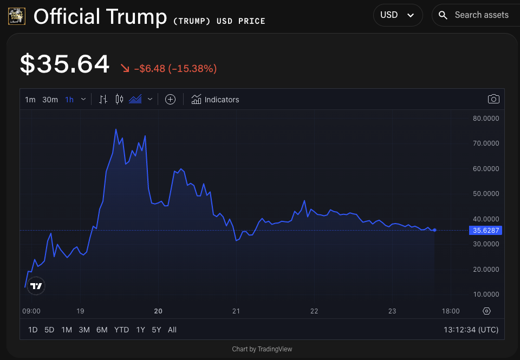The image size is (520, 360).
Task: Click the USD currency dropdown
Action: point(398,15)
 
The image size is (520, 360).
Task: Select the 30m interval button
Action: point(50,100)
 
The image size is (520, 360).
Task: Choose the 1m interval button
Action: point(30,100)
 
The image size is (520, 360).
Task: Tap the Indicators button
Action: point(215,100)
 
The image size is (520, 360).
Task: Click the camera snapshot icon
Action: point(493,99)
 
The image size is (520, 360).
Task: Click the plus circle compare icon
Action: point(170,100)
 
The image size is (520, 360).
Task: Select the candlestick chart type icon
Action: point(120,100)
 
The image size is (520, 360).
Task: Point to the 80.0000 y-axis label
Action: point(486,118)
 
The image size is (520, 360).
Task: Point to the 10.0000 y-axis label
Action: point(486,294)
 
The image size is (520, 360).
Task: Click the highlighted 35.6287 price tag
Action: point(486,230)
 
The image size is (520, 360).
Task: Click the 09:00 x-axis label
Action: point(31,311)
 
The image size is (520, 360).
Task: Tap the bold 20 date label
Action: point(158,311)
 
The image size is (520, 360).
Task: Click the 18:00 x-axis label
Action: point(451,311)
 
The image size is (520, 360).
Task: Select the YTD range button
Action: point(121,330)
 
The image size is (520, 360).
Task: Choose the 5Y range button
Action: point(157,330)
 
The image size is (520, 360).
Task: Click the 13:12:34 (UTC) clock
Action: point(471,330)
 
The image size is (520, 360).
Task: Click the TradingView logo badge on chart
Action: point(36,286)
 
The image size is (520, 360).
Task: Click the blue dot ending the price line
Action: point(434,230)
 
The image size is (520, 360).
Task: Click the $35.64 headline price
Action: point(65,64)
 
